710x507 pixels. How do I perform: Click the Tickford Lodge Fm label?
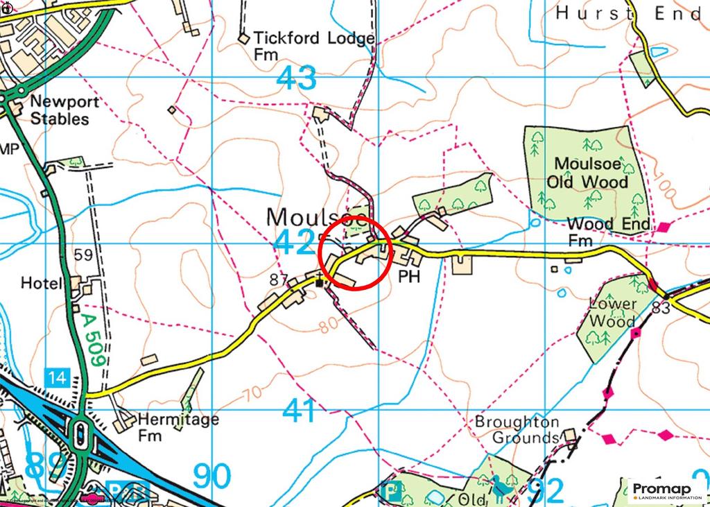click(314, 46)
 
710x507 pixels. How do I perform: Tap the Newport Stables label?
click(64, 110)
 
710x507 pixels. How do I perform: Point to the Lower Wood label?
click(612, 313)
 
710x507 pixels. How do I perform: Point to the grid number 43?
click(296, 78)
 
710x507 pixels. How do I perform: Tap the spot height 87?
click(278, 280)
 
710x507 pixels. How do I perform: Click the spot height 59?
click(83, 255)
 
